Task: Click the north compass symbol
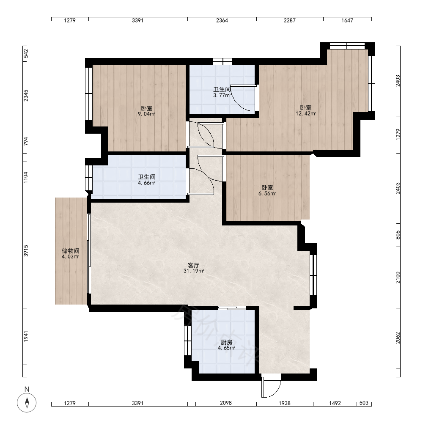click(27, 403)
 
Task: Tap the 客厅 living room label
click(194, 265)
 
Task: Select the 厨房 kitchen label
click(226, 342)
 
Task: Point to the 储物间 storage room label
click(70, 251)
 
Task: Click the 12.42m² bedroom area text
click(306, 113)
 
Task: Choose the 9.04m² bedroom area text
click(146, 114)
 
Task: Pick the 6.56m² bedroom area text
click(267, 193)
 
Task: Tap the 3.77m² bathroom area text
click(222, 95)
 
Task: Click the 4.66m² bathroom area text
click(146, 183)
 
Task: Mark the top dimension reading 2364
click(222, 20)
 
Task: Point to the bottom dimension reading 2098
click(226, 403)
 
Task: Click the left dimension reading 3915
click(26, 250)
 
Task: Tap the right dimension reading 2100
click(398, 277)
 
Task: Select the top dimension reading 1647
click(347, 20)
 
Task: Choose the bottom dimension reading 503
click(364, 403)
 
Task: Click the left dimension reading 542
click(26, 54)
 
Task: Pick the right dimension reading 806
click(398, 235)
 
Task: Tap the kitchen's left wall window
click(188, 341)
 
